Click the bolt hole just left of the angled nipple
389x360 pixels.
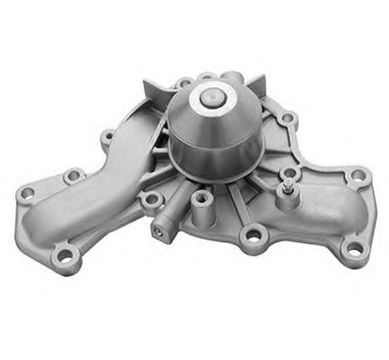click(x=150, y=196)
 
